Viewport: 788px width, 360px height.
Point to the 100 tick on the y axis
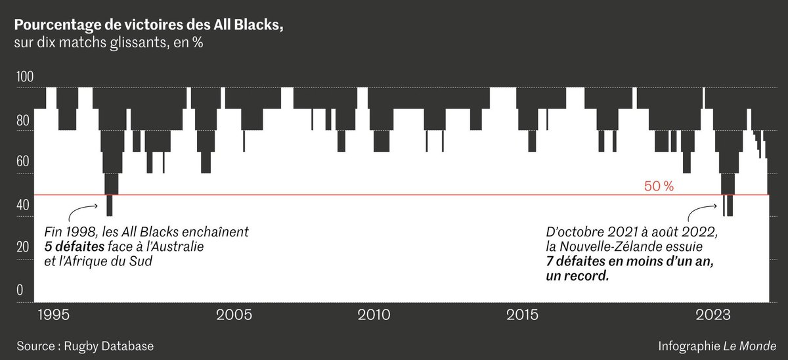[x=24, y=77]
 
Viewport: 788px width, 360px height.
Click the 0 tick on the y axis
[x=20, y=290]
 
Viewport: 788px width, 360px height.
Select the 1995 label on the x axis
[x=53, y=314]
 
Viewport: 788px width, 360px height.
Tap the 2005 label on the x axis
[x=234, y=314]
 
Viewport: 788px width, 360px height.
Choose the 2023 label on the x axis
[x=713, y=314]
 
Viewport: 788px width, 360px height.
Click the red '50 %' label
[x=659, y=187]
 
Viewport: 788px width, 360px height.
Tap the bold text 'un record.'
[x=577, y=277]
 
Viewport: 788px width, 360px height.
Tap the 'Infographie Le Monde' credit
[x=717, y=346]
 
